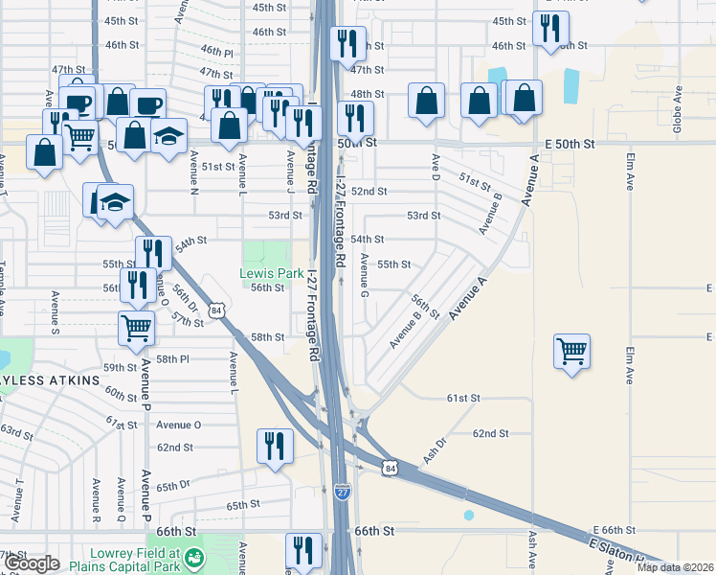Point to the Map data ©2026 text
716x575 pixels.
point(676,567)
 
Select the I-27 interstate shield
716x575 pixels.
point(343,492)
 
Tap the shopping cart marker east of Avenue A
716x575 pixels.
point(571,351)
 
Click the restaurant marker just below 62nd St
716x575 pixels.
point(274,447)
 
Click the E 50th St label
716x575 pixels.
point(570,143)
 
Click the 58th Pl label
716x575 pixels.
point(173,359)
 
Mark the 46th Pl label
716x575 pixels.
point(217,51)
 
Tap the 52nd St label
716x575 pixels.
point(368,192)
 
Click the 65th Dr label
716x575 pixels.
point(181,486)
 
